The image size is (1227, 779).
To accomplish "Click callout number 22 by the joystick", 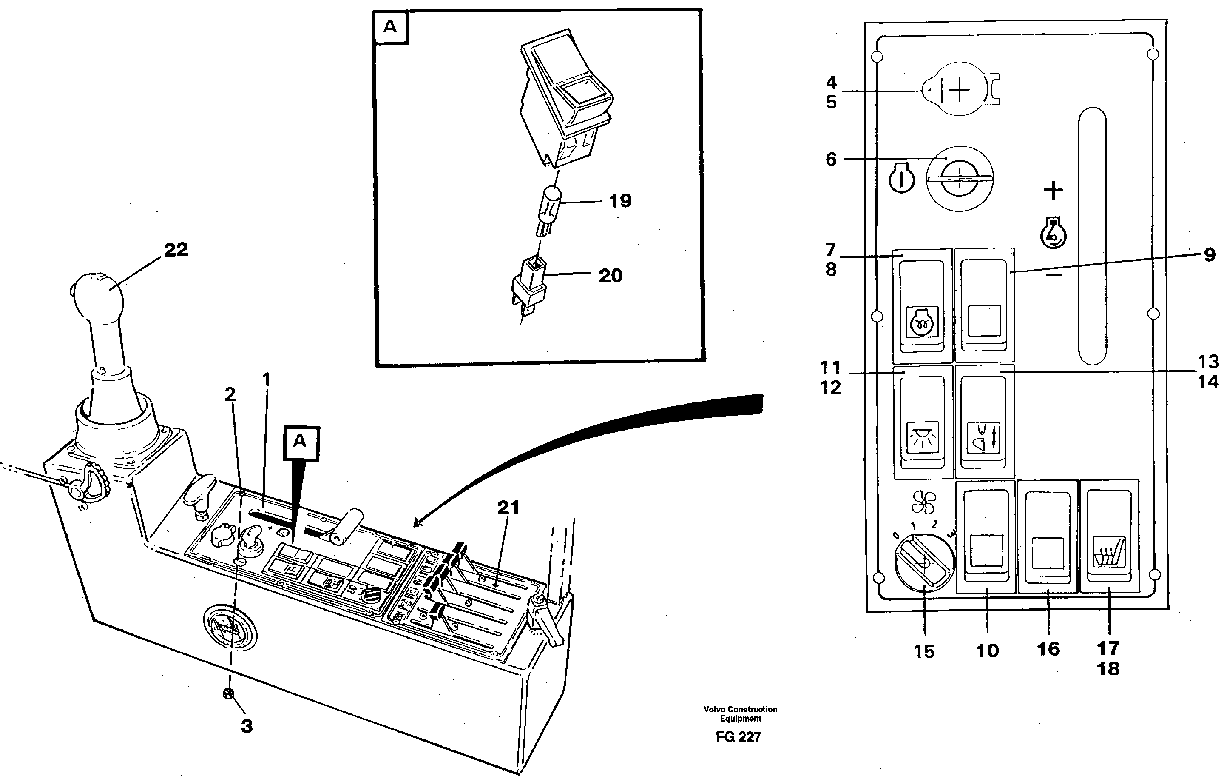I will (176, 250).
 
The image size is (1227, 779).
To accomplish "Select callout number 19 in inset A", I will (620, 201).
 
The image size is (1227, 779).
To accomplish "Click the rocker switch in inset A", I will (565, 97).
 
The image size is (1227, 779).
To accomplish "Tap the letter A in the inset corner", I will (390, 26).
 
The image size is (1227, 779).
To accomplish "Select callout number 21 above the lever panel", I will (508, 508).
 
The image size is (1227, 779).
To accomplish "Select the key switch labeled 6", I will (960, 180).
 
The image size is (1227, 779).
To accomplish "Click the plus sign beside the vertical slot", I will (1053, 191).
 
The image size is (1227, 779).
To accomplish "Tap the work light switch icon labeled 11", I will (923, 437).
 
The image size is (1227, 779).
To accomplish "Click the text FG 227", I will (738, 737).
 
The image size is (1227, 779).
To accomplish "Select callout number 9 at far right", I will (1209, 255).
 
